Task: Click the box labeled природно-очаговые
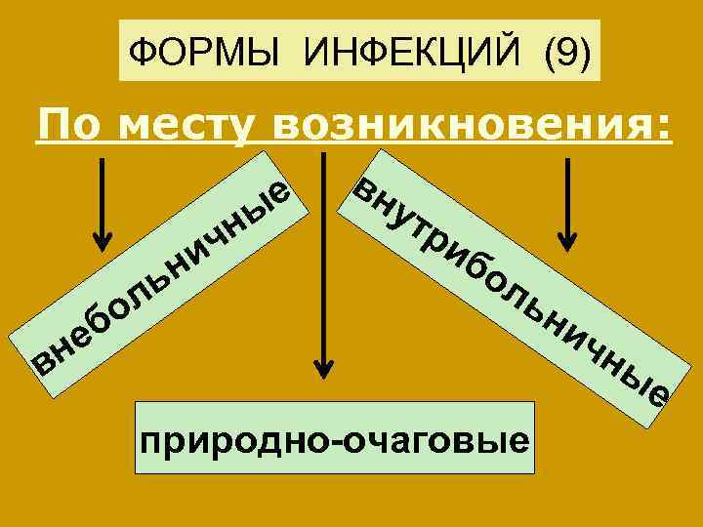335,438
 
